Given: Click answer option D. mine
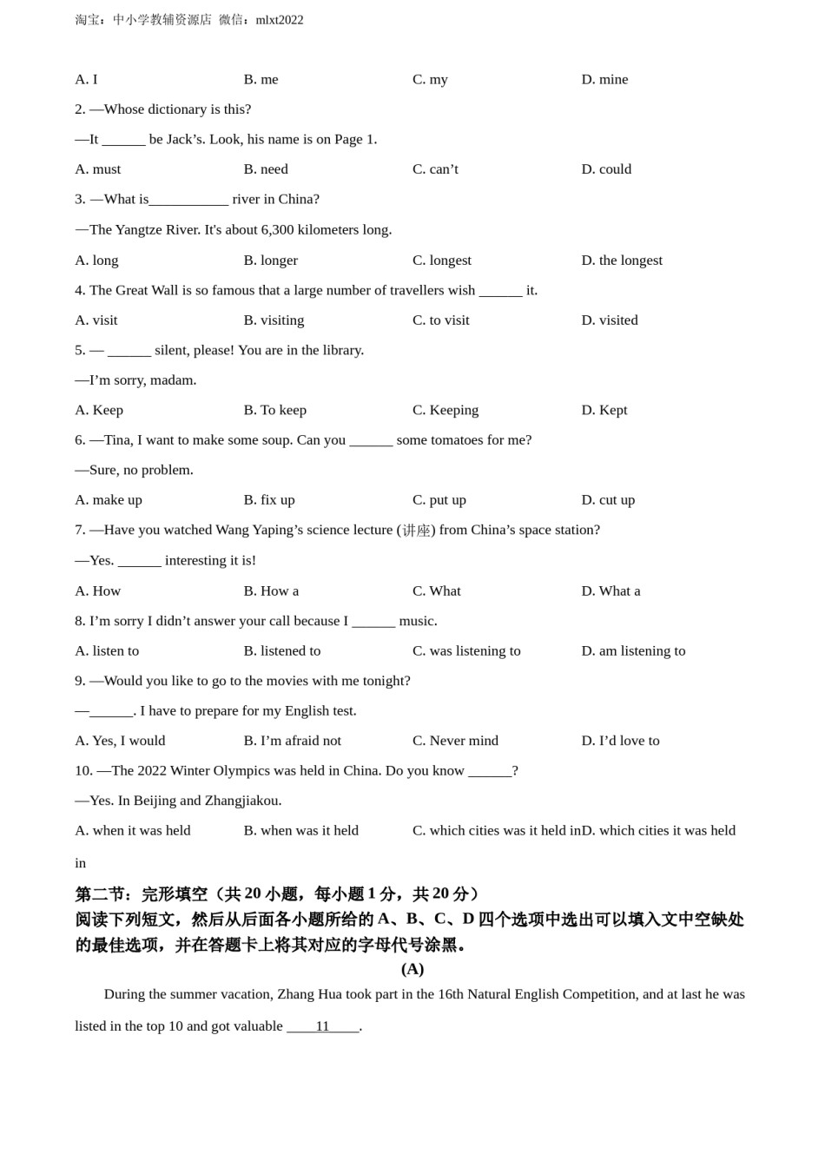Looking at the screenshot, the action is [604, 79].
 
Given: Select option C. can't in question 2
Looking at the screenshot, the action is [435, 168].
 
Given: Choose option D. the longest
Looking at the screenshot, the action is [622, 260].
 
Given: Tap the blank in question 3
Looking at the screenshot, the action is [188, 200].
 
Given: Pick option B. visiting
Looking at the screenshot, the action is [274, 320].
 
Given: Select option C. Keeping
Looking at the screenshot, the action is [445, 410].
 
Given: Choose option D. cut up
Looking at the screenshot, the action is [608, 499].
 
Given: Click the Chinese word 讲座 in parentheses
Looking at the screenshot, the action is [416, 531].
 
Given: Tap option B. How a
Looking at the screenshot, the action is [271, 590].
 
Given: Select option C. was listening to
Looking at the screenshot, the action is [466, 650].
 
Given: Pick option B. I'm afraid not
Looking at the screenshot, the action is [292, 741].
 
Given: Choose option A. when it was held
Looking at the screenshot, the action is [133, 830].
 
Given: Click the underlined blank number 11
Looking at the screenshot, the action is [322, 1026].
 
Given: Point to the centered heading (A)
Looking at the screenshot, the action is [412, 969].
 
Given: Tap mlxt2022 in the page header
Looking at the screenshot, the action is [280, 20].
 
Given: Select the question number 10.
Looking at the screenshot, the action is [83, 770].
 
